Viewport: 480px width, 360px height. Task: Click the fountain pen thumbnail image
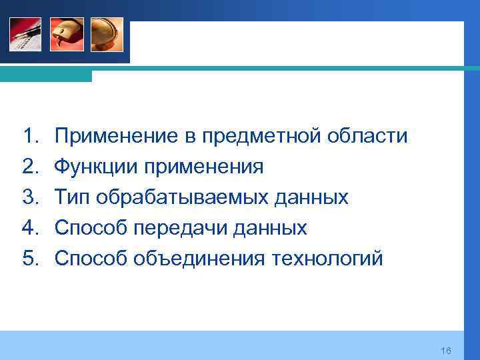click(25, 34)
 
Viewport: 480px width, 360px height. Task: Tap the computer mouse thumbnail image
click(67, 34)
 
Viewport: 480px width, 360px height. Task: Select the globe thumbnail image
click(107, 34)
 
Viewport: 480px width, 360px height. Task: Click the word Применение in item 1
click(114, 137)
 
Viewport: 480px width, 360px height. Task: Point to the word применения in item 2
click(203, 167)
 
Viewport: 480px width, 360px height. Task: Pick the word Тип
click(73, 197)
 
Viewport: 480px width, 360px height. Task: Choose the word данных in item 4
click(273, 228)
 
